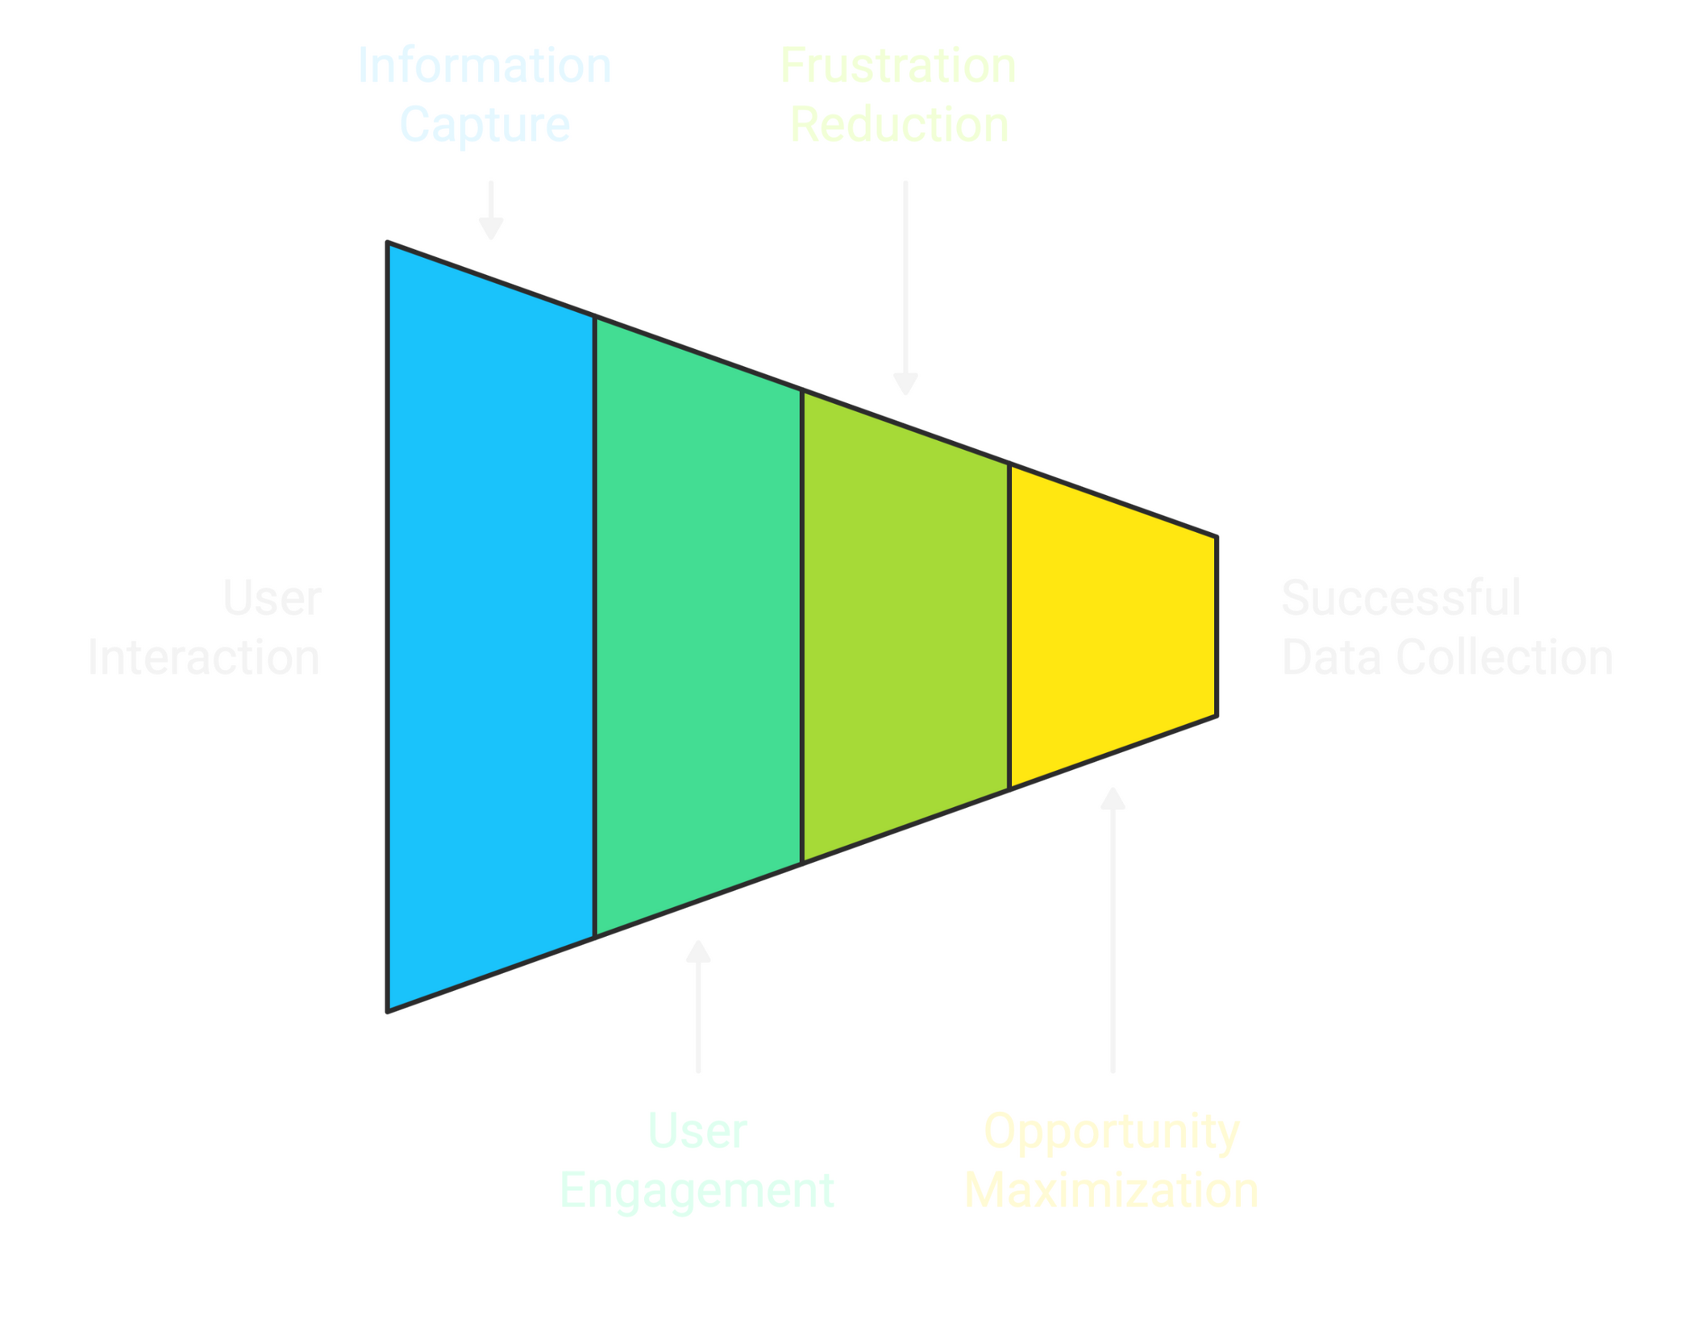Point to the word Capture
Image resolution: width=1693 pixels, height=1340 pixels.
[485, 125]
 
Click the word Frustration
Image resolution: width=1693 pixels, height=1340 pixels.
[899, 66]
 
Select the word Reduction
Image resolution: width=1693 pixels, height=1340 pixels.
[900, 125]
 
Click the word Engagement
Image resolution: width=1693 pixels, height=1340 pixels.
[698, 1191]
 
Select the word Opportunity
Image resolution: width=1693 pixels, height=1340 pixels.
[1113, 1132]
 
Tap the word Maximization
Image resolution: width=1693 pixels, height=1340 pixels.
[1113, 1191]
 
